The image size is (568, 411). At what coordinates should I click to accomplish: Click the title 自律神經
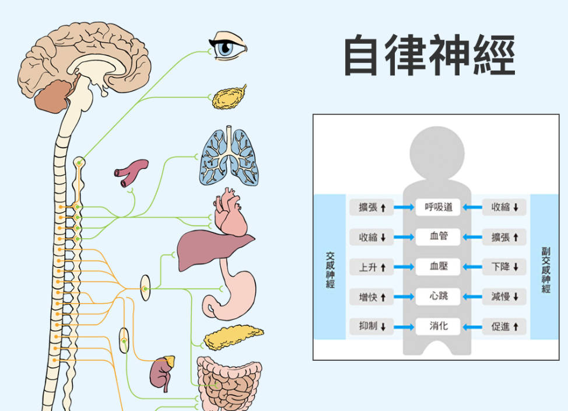429,55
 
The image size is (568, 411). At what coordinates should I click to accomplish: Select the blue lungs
230,156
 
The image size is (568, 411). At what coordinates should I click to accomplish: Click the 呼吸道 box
439,207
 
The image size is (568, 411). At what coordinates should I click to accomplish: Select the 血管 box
439,236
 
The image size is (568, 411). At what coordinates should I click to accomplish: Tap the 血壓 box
439,266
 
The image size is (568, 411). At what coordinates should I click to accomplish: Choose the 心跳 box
439,296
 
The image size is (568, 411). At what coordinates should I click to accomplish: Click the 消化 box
439,326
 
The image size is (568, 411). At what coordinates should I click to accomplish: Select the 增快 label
372,297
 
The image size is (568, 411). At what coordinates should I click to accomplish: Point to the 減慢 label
504,297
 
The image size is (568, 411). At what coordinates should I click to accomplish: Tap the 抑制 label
372,327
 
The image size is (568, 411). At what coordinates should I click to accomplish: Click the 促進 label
504,327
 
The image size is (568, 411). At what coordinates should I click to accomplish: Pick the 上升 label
372,267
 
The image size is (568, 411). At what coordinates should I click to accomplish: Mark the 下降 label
504,267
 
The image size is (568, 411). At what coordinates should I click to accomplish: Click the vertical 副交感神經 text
546,269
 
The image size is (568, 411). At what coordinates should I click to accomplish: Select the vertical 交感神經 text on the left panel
330,269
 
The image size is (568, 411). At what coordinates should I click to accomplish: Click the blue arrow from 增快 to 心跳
404,297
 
